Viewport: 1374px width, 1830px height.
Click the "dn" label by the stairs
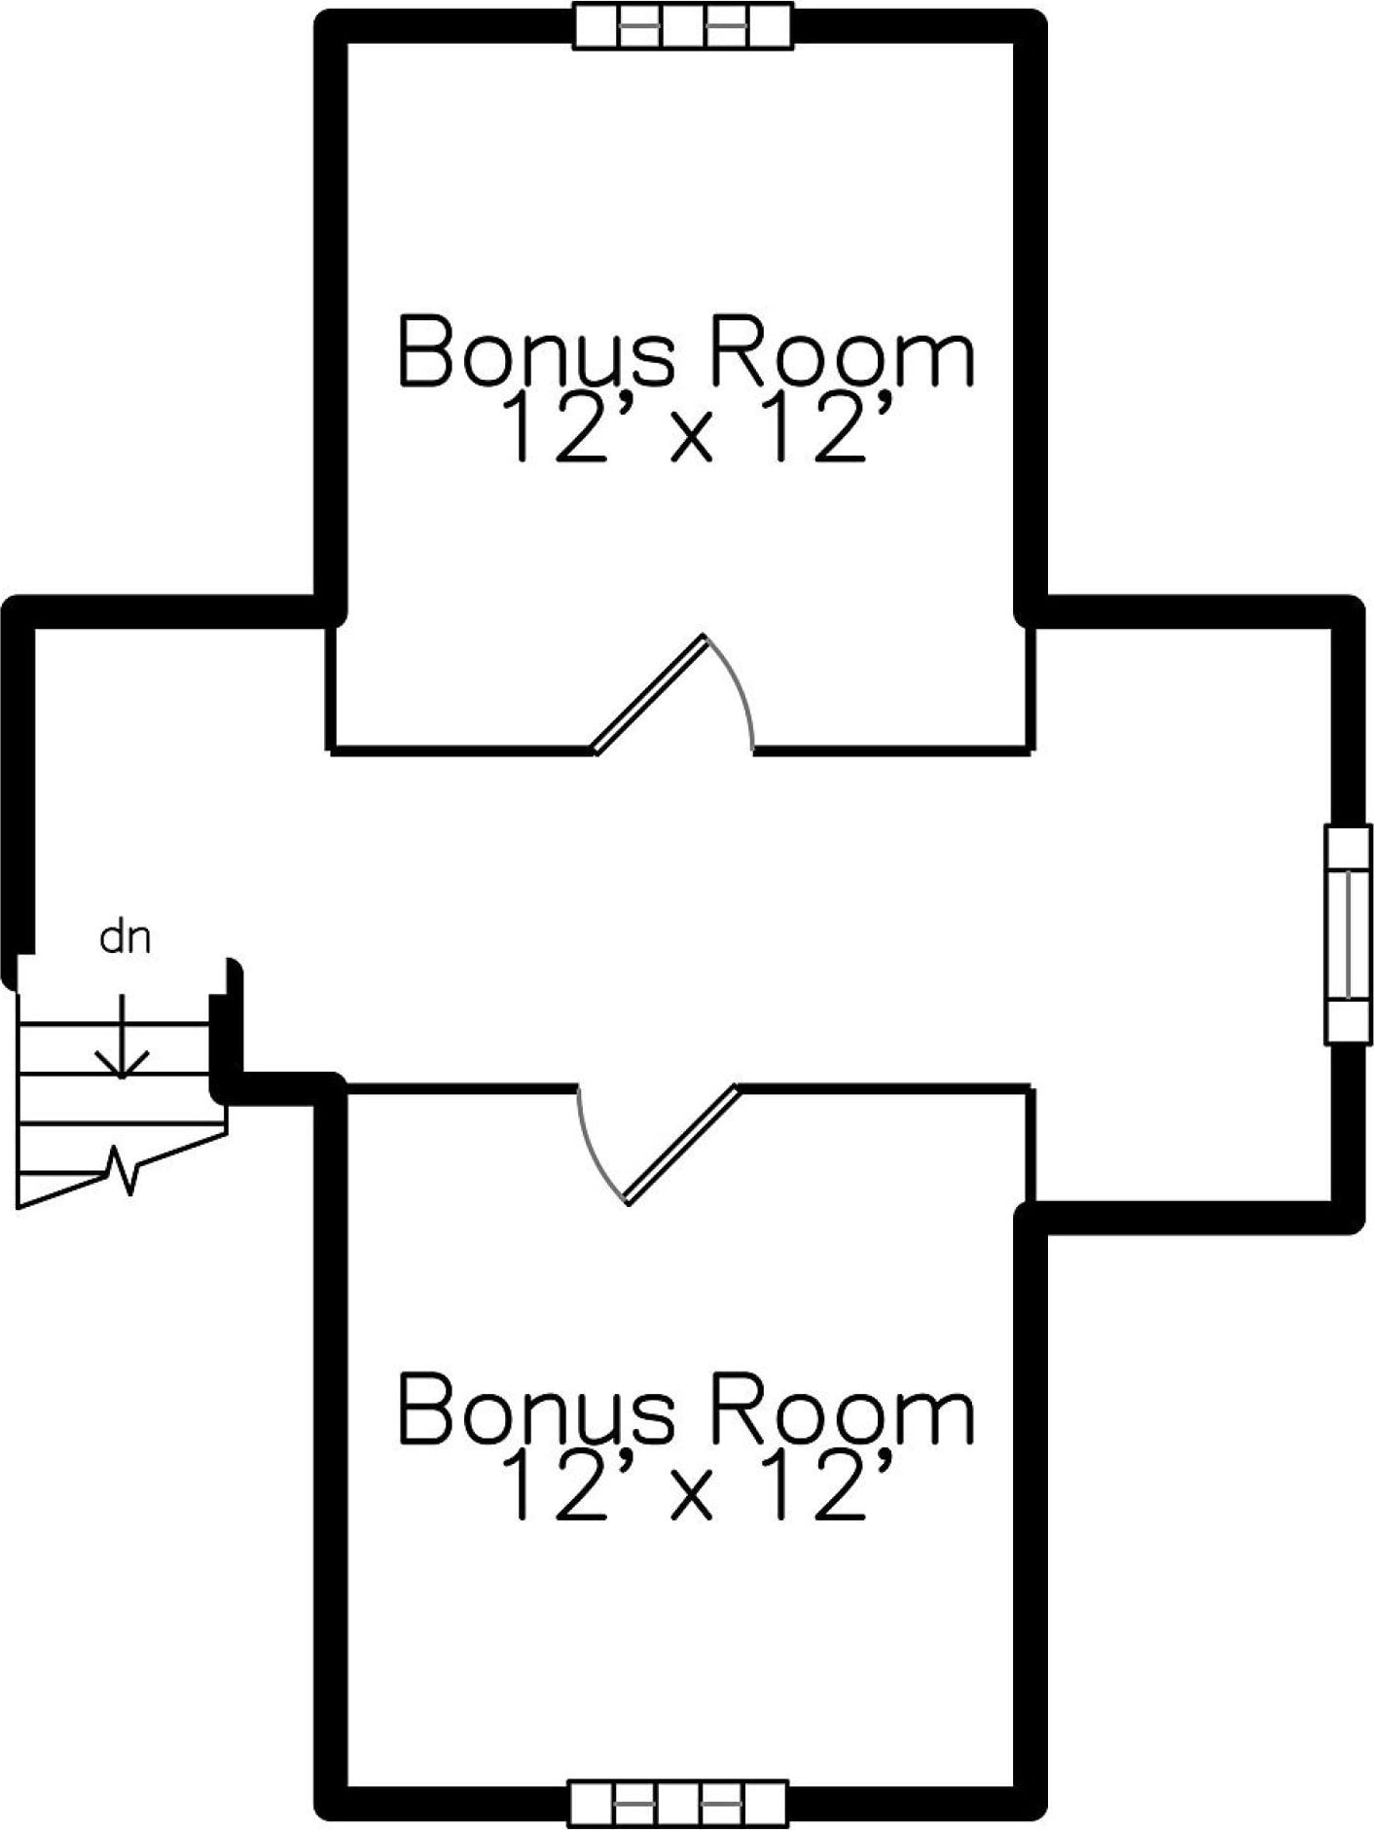[x=126, y=939]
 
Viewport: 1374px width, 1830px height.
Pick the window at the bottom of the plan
[x=678, y=1804]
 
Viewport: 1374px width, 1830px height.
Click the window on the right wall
[x=1348, y=934]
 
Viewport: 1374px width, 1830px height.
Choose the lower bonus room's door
[x=681, y=1144]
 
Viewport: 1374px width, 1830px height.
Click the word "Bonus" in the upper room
[x=535, y=350]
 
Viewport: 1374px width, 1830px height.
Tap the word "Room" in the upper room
[x=839, y=350]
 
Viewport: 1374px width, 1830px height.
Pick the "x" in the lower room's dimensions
[x=693, y=1499]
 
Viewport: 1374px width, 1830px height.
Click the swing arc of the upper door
[x=738, y=686]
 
